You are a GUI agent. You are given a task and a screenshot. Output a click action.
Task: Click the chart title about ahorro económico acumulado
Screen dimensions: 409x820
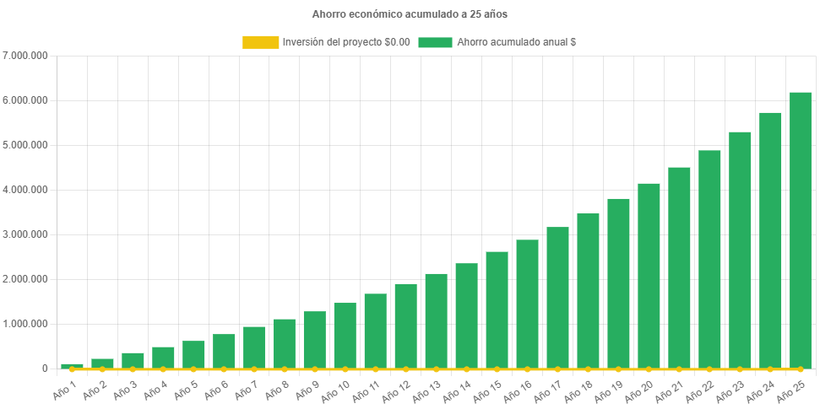tap(410, 14)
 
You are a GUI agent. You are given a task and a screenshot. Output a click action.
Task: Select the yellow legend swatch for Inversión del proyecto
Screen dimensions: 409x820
tap(260, 42)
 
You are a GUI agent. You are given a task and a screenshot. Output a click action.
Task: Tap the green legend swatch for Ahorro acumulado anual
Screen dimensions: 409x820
tap(435, 42)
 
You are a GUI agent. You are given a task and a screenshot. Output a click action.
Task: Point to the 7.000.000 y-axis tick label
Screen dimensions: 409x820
tap(25, 56)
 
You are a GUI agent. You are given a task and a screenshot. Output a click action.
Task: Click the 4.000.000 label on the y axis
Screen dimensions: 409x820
tap(25, 190)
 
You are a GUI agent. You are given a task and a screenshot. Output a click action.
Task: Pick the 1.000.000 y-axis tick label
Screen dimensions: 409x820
tap(25, 324)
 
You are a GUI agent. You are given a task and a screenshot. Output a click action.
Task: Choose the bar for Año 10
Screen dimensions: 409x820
tap(345, 335)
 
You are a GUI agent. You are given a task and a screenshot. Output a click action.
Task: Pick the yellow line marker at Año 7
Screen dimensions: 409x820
tap(254, 369)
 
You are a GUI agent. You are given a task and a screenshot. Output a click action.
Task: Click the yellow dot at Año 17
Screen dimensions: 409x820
tap(557, 369)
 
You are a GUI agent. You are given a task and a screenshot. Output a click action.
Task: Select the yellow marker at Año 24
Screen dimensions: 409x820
tap(770, 369)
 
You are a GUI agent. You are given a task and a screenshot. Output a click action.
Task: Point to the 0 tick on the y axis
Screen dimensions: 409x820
tap(44, 369)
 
